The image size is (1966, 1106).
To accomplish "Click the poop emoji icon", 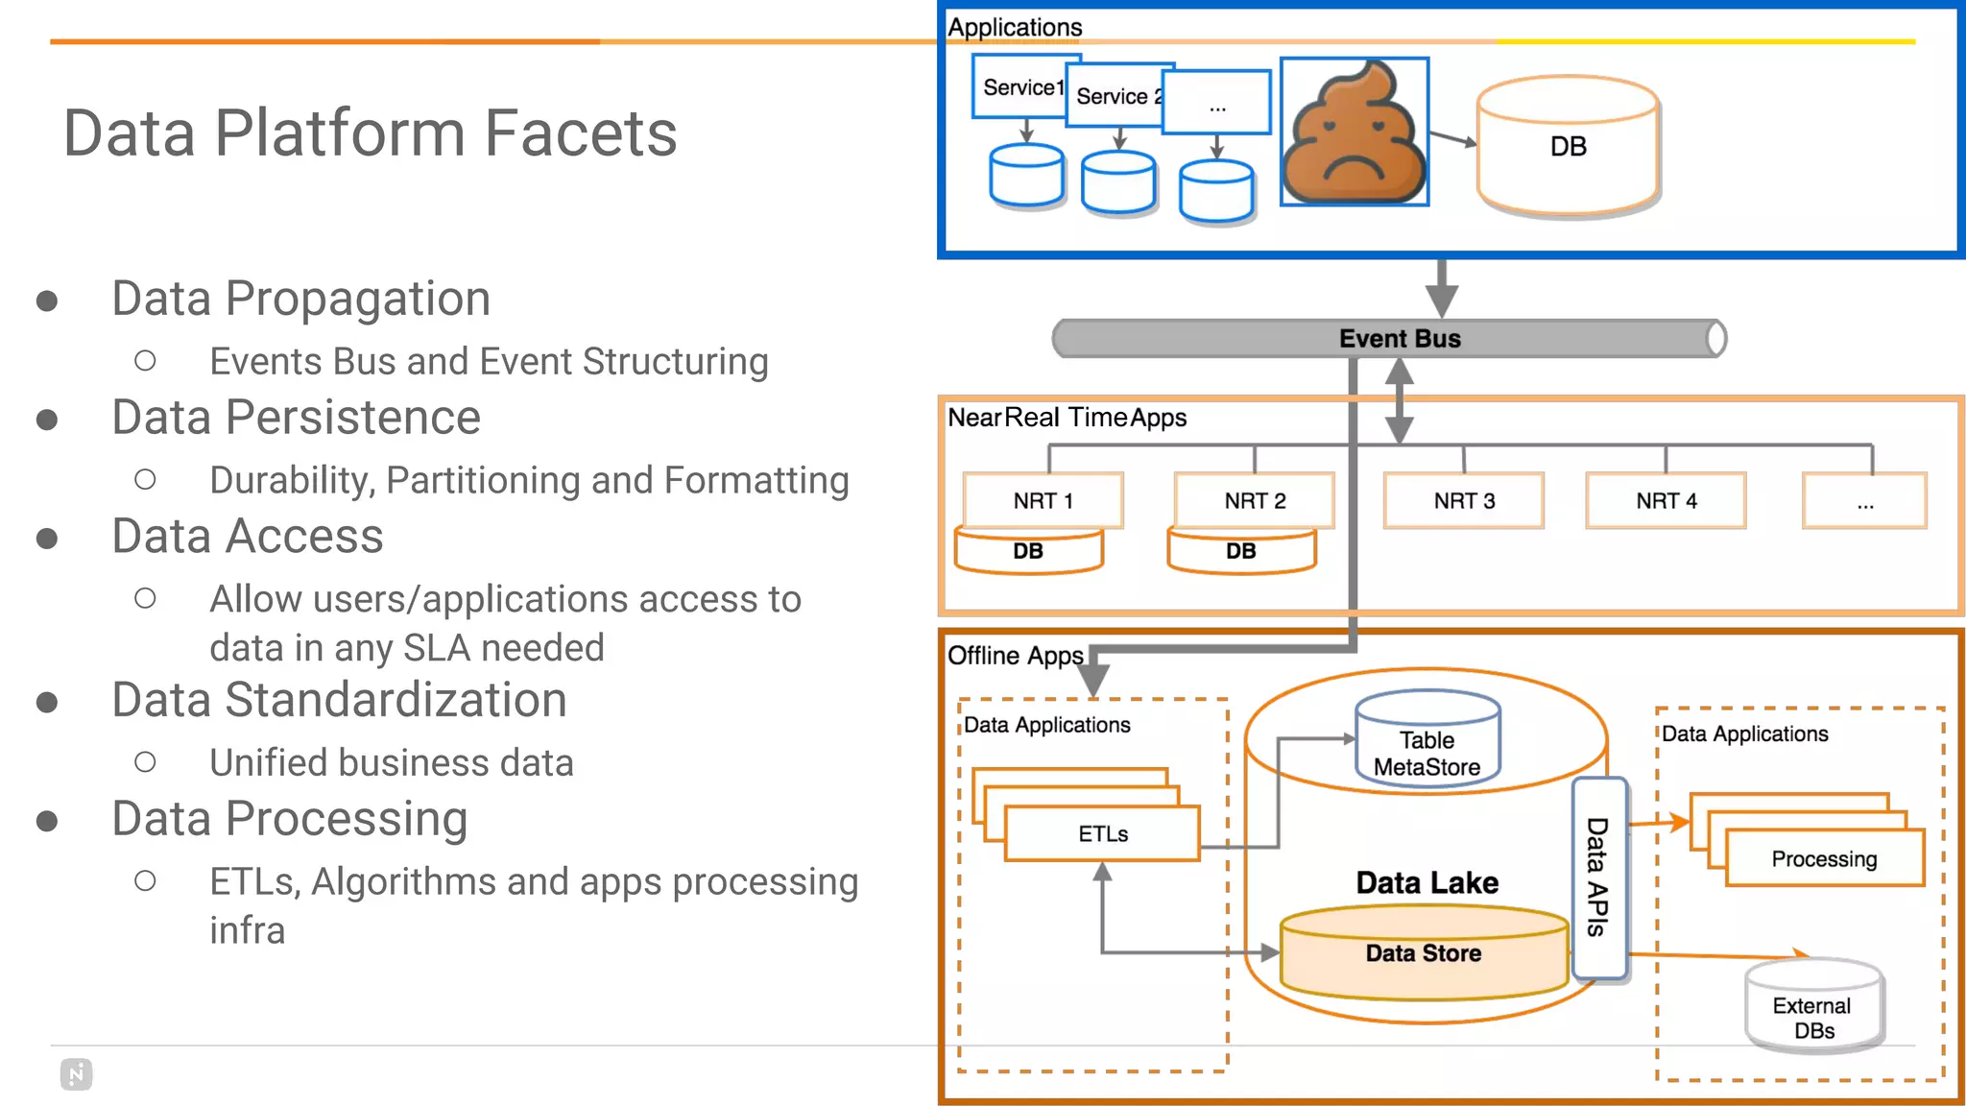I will click(x=1354, y=132).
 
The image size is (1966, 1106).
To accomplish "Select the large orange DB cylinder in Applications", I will click(x=1568, y=146).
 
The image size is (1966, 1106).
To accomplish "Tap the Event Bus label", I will click(x=1399, y=339).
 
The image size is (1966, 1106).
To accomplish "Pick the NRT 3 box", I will click(x=1463, y=500).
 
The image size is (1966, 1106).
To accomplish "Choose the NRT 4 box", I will click(x=1666, y=500).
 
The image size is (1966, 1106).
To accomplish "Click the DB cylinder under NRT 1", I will click(x=1028, y=552).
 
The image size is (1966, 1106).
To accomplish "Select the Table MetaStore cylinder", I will click(x=1427, y=741).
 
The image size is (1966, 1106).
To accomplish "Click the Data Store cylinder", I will click(x=1423, y=953).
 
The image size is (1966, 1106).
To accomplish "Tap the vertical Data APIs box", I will click(x=1597, y=877).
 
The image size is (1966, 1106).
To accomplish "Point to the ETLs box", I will click(x=1102, y=833).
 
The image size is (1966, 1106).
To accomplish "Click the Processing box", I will click(x=1823, y=858).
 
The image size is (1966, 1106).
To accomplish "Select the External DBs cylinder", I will click(x=1812, y=1008).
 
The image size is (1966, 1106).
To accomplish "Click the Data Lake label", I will click(x=1427, y=882).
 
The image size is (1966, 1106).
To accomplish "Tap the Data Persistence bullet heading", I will click(x=296, y=418).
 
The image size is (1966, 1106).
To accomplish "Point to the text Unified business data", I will click(x=392, y=762).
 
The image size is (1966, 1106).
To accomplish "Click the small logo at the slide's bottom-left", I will click(x=76, y=1073).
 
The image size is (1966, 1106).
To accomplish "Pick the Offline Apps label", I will click(x=1015, y=656).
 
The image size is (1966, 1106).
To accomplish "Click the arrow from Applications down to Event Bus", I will click(x=1441, y=289).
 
